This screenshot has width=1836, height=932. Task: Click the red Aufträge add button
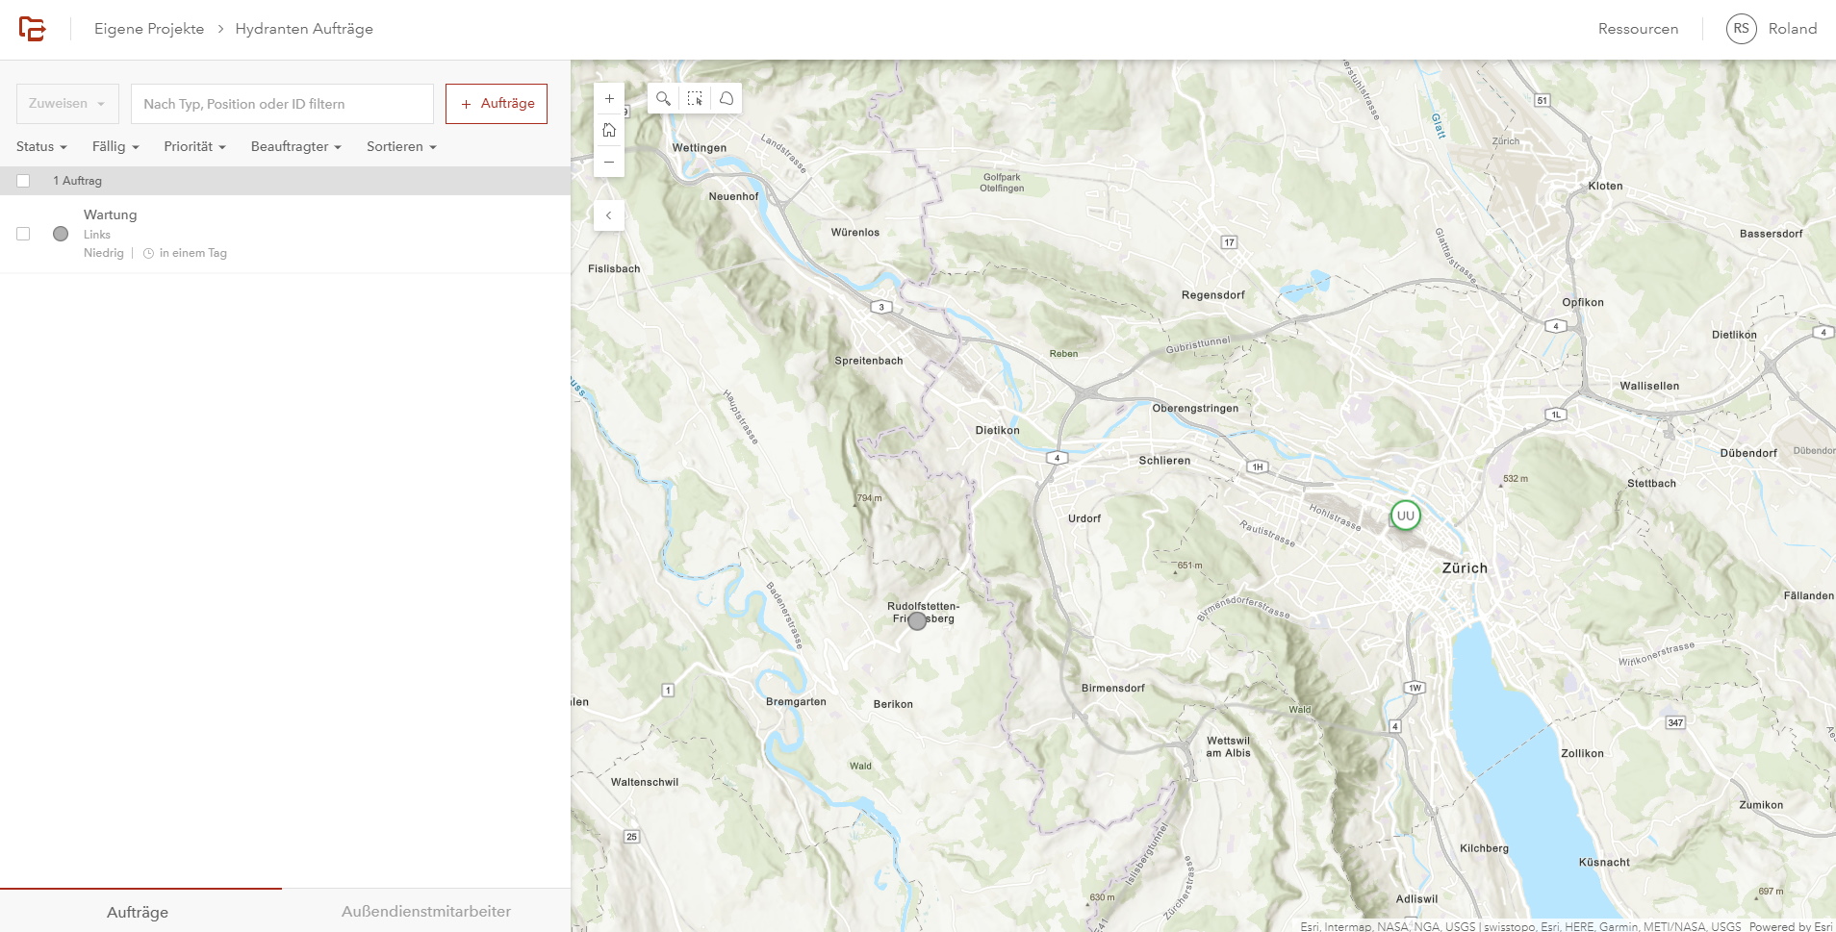pyautogui.click(x=497, y=104)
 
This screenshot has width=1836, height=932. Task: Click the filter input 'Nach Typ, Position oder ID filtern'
pyautogui.click(x=282, y=104)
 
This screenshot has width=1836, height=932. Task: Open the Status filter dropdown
pyautogui.click(x=41, y=146)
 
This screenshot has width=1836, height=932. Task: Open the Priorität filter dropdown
pyautogui.click(x=194, y=146)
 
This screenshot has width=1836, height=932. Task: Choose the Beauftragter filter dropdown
pyautogui.click(x=296, y=146)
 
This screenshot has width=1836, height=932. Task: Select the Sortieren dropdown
pyautogui.click(x=401, y=146)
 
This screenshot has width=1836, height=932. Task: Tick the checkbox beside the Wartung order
pyautogui.click(x=23, y=234)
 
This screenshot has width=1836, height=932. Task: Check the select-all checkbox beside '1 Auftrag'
pyautogui.click(x=23, y=181)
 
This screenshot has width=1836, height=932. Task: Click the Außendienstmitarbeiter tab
pyautogui.click(x=425, y=911)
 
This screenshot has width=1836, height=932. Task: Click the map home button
pyautogui.click(x=609, y=130)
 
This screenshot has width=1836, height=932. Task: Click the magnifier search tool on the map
pyautogui.click(x=663, y=98)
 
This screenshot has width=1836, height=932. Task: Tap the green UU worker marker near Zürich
pyautogui.click(x=1405, y=516)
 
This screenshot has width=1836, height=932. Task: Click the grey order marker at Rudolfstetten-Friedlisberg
pyautogui.click(x=918, y=620)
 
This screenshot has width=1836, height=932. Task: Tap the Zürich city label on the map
pyautogui.click(x=1464, y=567)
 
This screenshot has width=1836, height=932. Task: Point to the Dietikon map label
pyautogui.click(x=997, y=430)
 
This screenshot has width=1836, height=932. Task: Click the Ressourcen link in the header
pyautogui.click(x=1638, y=29)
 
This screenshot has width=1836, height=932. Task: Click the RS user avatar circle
pyautogui.click(x=1741, y=29)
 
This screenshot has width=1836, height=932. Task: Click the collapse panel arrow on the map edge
pyautogui.click(x=608, y=215)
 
